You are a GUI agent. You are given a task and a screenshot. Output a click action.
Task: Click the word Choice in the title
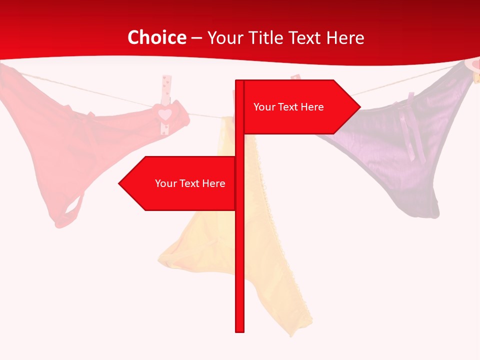[x=156, y=37]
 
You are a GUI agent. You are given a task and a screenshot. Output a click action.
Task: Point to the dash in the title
[x=196, y=38]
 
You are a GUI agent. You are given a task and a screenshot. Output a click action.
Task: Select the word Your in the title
[x=223, y=37]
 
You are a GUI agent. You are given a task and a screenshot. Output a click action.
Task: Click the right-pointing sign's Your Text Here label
[x=288, y=107]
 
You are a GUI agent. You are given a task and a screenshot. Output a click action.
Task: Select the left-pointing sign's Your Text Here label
[x=190, y=183]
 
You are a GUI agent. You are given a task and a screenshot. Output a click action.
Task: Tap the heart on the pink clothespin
[x=165, y=114]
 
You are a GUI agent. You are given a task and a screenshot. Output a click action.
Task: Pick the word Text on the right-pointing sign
[x=288, y=107]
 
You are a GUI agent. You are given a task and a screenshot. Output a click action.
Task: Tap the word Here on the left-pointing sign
[x=213, y=183]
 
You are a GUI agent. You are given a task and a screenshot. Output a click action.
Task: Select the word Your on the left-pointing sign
[x=165, y=183]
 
